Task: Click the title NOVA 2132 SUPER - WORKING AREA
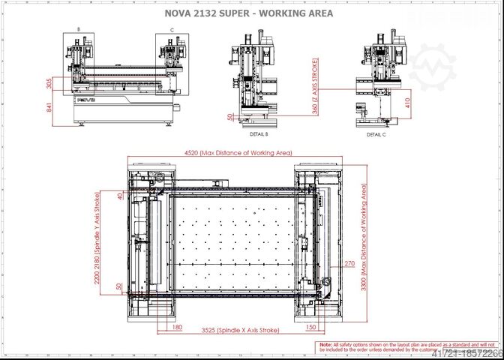248,13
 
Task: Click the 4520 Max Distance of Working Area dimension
238,153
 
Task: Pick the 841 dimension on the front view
49,106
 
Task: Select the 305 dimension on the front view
49,83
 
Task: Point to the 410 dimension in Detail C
407,101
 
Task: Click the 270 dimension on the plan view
349,263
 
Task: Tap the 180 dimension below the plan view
177,327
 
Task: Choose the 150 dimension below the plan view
310,327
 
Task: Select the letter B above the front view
78,30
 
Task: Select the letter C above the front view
172,30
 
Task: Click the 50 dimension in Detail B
228,118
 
